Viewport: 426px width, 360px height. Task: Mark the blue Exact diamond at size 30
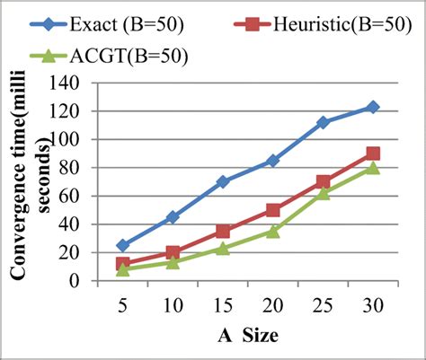coord(372,107)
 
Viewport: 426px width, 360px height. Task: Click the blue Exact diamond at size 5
coord(123,245)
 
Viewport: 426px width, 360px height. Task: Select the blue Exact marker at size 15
coord(223,181)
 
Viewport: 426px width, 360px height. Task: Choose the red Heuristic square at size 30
coord(372,154)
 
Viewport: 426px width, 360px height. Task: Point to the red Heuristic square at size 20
coord(272,210)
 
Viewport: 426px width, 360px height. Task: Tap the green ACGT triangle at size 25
coord(323,193)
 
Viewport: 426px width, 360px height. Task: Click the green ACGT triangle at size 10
coord(173,262)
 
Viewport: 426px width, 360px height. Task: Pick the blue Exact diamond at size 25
coord(323,122)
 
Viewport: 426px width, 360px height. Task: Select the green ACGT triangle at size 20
coord(272,231)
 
